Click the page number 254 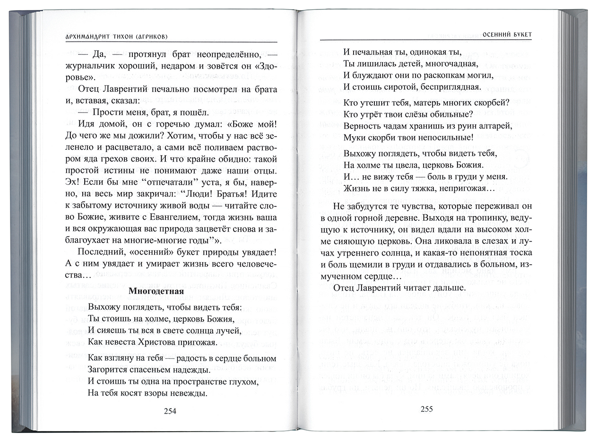pyautogui.click(x=170, y=411)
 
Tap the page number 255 pyautogui.click(x=426, y=409)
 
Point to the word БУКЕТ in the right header pyautogui.click(x=521, y=35)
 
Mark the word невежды pyautogui.click(x=185, y=393)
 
